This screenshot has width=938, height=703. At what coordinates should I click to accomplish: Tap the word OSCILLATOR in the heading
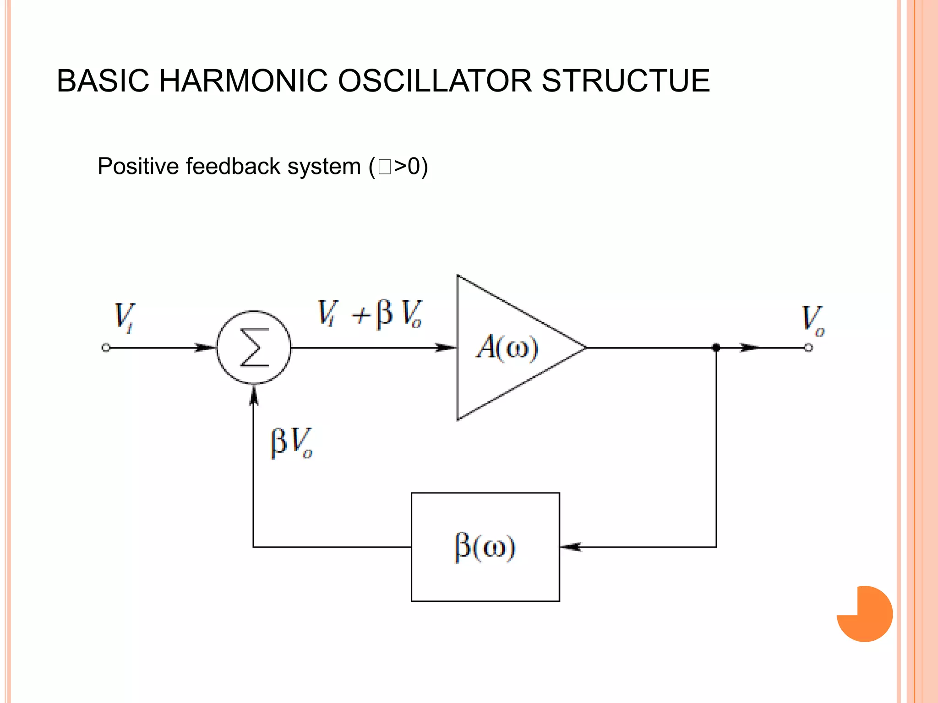coord(434,81)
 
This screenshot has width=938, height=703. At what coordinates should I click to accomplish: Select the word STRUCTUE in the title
coord(626,81)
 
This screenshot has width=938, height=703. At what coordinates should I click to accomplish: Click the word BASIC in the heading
coord(103,81)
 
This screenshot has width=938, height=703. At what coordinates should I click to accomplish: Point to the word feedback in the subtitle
coord(233,166)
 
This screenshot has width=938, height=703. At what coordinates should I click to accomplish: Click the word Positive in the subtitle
coord(138,166)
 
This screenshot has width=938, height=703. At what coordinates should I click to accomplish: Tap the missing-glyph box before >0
coord(385,167)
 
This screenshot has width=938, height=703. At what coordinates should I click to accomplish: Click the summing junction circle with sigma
coord(254,348)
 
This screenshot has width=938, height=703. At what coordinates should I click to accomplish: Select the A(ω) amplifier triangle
coord(508,348)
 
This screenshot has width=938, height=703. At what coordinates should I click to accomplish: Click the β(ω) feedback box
coord(485,547)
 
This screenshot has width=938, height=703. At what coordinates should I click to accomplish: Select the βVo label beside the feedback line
coord(291,443)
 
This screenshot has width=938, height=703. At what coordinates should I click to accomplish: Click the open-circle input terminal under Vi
coord(106,348)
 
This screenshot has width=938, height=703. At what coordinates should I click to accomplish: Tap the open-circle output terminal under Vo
coord(809,348)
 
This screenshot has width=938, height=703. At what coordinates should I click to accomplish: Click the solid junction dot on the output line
coord(716,348)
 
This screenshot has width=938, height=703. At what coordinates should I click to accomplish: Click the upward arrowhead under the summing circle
coord(254,396)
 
